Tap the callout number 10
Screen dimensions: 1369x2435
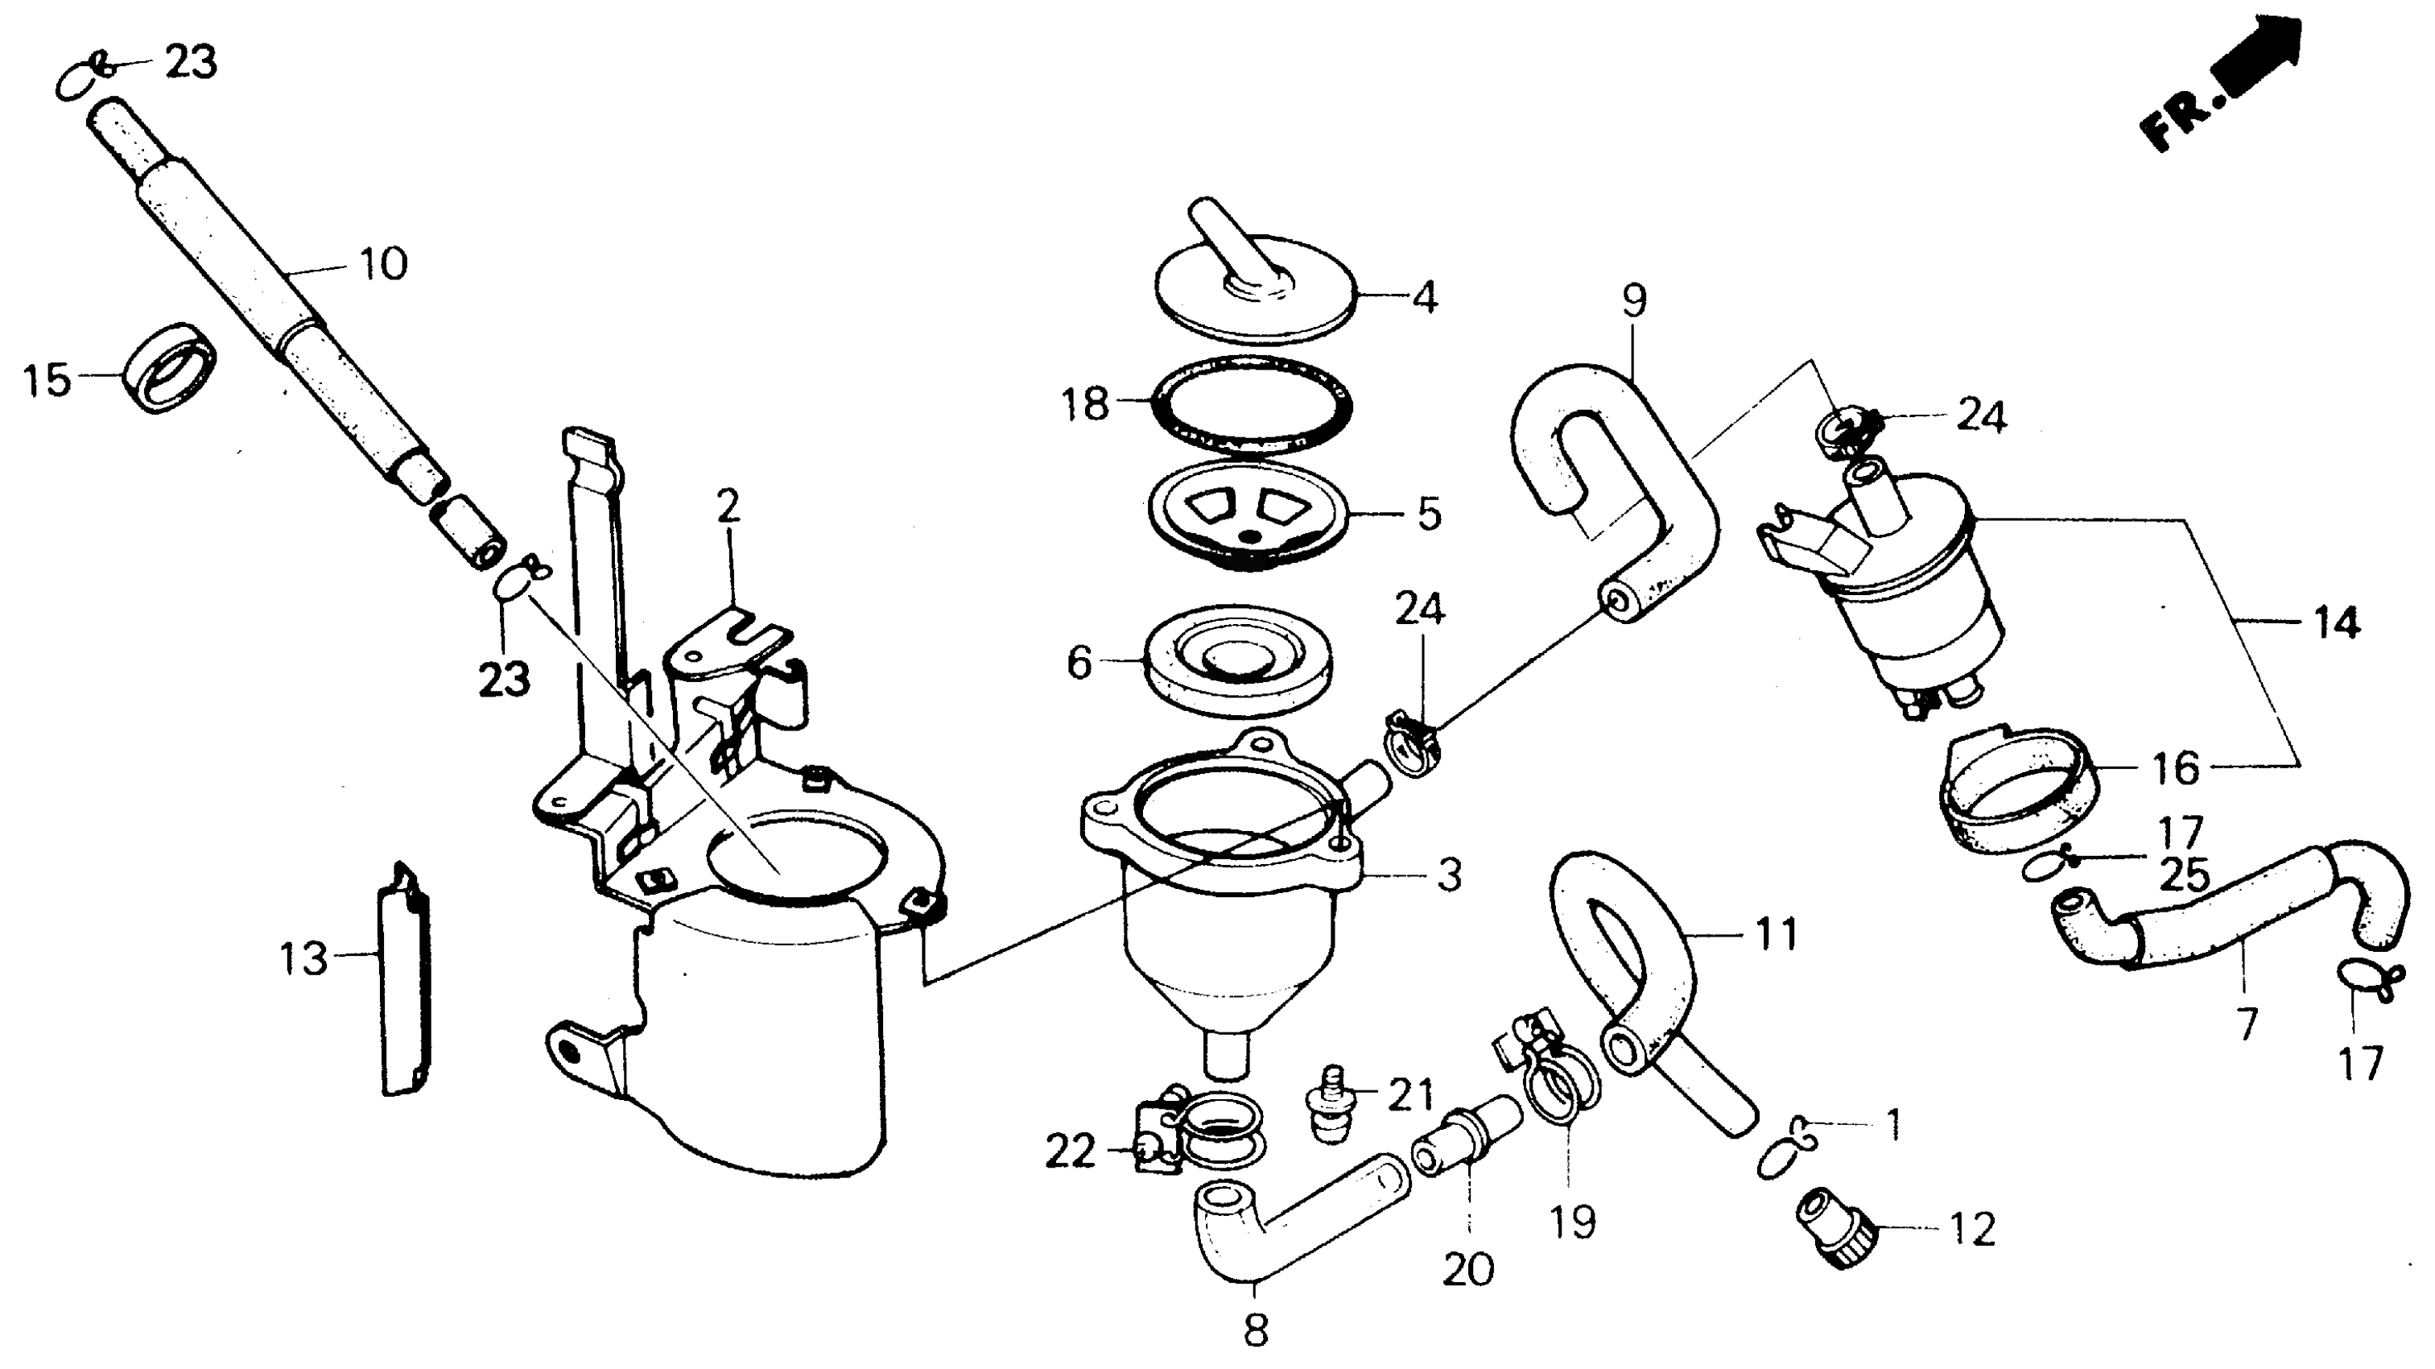click(384, 264)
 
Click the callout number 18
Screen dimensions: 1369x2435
click(1084, 404)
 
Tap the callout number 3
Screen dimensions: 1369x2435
click(1449, 875)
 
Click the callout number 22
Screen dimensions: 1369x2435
click(1070, 1152)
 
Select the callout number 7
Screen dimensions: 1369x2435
click(2247, 1023)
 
